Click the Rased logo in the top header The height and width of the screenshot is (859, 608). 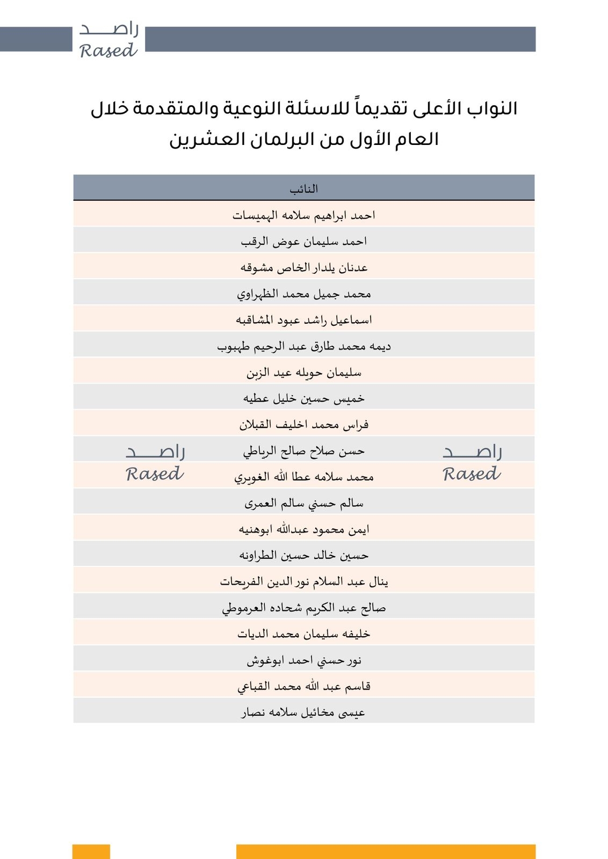[x=108, y=40]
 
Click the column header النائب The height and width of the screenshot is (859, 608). [x=304, y=189]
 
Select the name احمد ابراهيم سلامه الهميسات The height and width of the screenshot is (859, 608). [x=304, y=215]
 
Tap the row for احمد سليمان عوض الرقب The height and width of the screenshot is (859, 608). [x=304, y=242]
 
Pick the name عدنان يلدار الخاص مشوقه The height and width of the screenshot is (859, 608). [x=304, y=267]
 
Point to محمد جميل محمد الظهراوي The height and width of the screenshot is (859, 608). [x=304, y=294]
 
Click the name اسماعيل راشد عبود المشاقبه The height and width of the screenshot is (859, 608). [x=304, y=320]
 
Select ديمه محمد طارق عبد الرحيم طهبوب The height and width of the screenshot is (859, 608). [x=304, y=346]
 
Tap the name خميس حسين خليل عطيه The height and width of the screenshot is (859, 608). [x=304, y=398]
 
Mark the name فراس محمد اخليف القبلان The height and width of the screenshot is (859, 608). [x=304, y=425]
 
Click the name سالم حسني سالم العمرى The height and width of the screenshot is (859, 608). [x=304, y=503]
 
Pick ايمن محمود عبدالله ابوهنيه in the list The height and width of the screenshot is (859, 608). [x=304, y=529]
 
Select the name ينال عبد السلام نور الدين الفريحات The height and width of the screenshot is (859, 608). [x=304, y=581]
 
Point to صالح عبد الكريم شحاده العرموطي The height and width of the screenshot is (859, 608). [x=304, y=608]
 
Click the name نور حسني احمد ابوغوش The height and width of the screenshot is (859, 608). [x=304, y=660]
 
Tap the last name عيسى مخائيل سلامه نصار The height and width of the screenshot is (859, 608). [x=304, y=712]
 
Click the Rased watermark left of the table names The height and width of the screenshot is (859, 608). [x=155, y=463]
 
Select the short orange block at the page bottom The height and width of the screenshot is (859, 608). [x=91, y=851]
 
